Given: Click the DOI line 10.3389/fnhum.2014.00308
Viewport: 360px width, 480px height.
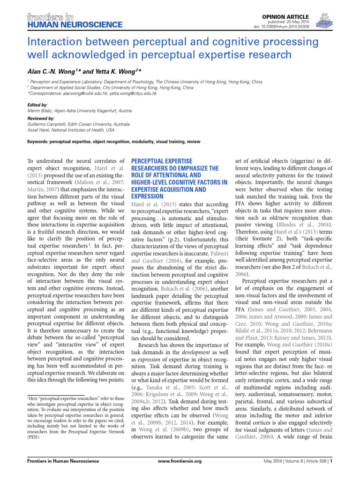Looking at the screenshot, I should (286, 27).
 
